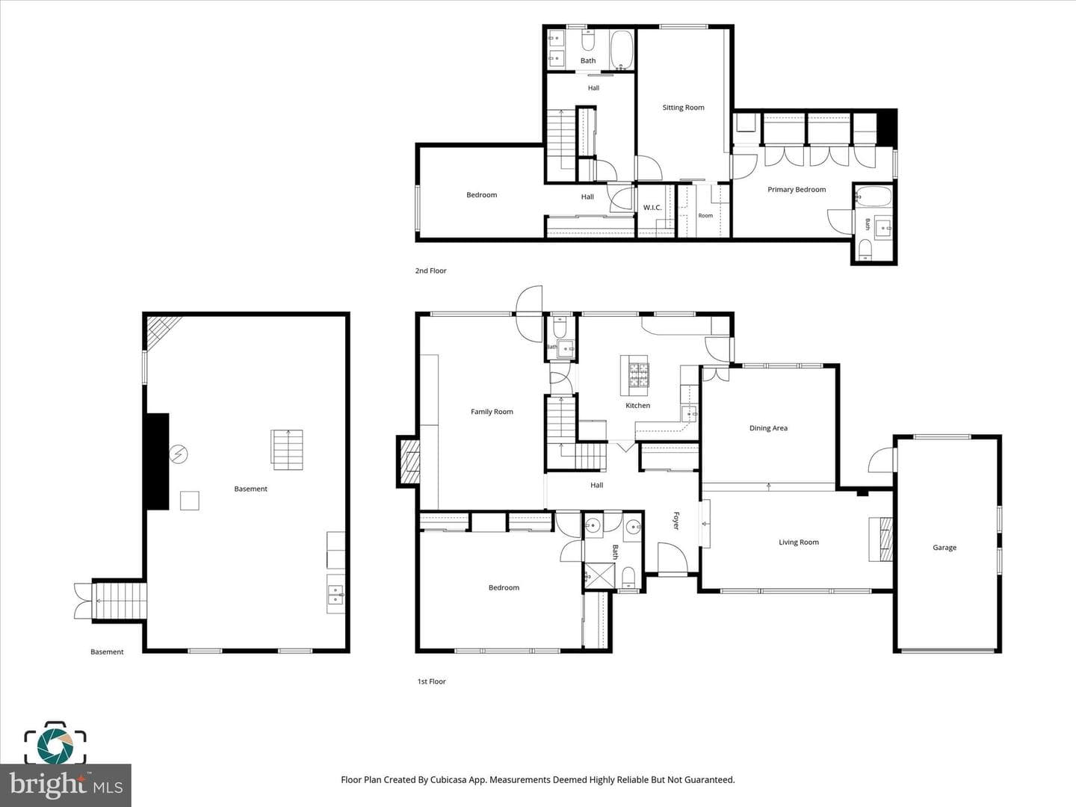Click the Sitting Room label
tap(683, 108)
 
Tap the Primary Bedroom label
tap(796, 190)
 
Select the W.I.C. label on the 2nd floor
tap(652, 208)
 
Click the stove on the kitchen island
tap(639, 375)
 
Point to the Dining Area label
tap(768, 428)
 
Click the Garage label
tap(944, 548)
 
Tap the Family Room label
tap(492, 412)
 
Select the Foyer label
tap(676, 520)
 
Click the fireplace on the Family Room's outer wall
tap(409, 462)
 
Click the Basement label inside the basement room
tap(250, 489)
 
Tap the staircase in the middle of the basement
tap(287, 449)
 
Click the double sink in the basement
tap(336, 594)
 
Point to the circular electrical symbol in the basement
tap(179, 454)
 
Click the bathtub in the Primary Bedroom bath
tap(873, 197)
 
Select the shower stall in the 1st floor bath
tap(599, 575)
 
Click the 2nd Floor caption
tap(430, 270)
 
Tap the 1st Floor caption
tap(431, 681)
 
